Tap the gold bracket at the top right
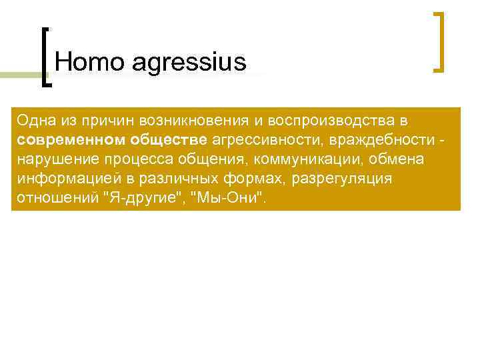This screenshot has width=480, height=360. [439, 41]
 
